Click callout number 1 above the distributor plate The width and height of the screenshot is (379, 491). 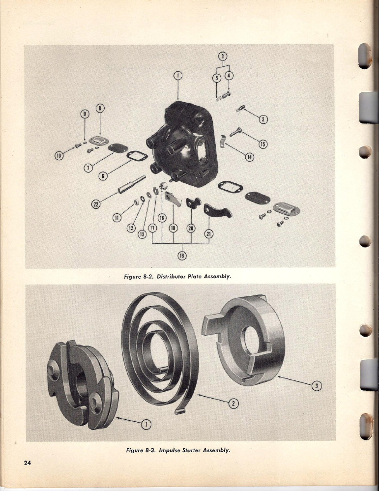[x=178, y=76]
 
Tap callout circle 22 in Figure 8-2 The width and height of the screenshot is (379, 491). [x=95, y=204]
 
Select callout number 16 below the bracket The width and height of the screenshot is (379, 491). [x=182, y=256]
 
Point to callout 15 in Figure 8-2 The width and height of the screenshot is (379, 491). [x=262, y=144]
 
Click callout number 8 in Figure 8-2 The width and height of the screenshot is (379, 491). [x=100, y=108]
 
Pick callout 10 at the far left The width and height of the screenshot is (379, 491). [x=58, y=155]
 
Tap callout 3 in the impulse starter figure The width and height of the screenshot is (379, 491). [x=317, y=386]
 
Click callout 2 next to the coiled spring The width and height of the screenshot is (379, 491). [x=233, y=404]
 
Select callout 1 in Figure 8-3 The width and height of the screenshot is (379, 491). [x=146, y=424]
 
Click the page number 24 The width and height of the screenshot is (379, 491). [x=27, y=463]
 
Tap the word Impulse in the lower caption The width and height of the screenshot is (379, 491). [x=170, y=451]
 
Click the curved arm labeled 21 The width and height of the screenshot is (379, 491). [x=218, y=211]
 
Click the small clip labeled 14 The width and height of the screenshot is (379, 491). [x=223, y=141]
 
